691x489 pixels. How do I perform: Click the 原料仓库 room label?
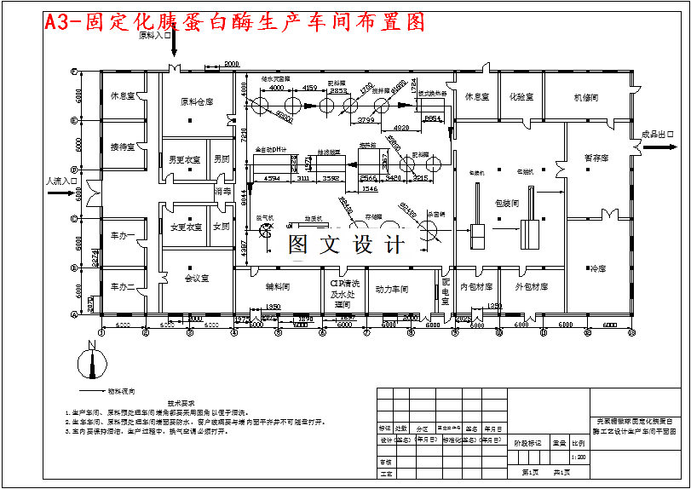197,102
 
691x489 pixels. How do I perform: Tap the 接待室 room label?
123,147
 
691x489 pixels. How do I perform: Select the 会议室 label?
197,278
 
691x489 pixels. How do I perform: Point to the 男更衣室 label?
185,158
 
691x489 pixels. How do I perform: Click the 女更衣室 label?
186,227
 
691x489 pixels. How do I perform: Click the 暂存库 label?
596,158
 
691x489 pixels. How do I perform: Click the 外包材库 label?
531,287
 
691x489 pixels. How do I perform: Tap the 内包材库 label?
476,287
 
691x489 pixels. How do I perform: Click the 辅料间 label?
278,287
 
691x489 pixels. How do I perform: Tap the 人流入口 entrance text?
61,181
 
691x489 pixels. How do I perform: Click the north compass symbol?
88,361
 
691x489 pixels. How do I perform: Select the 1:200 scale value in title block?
579,457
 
